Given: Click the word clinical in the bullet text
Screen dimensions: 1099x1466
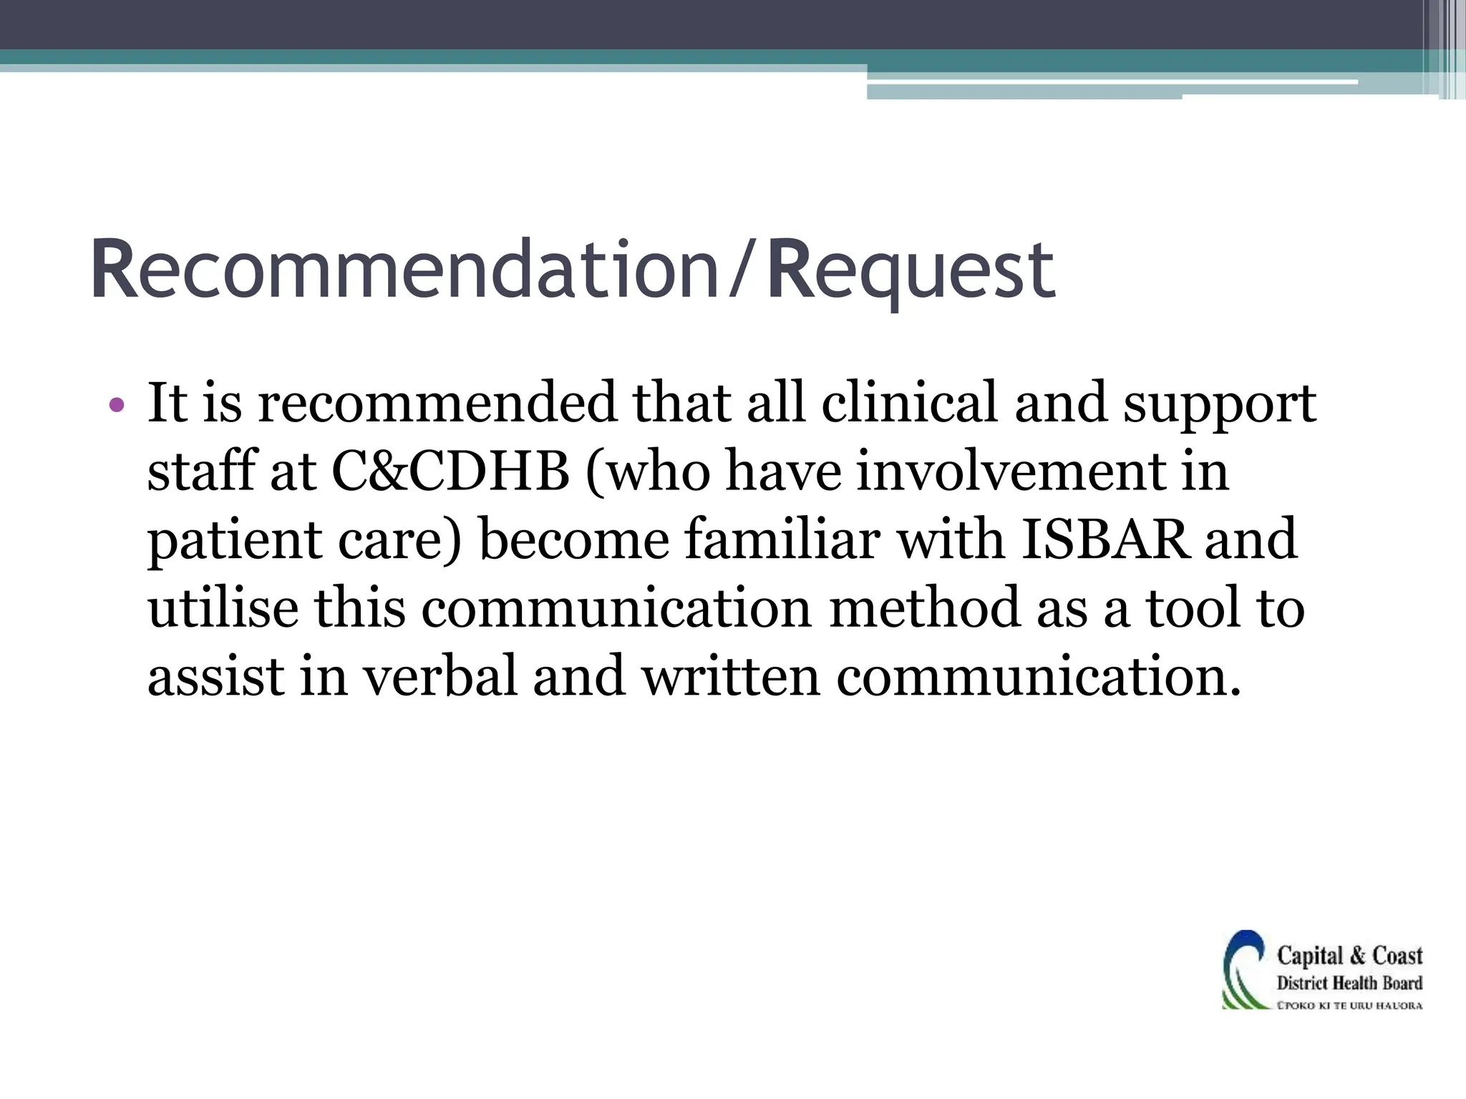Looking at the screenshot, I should [x=909, y=403].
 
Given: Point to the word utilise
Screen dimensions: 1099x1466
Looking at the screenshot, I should [x=223, y=607].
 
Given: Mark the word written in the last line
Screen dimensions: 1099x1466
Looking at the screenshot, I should [x=730, y=676].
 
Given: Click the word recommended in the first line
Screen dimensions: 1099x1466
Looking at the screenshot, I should [x=436, y=403].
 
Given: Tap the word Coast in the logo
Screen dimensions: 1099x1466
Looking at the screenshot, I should [x=1397, y=956].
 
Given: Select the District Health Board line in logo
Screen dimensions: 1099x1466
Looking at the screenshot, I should [x=1349, y=983].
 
